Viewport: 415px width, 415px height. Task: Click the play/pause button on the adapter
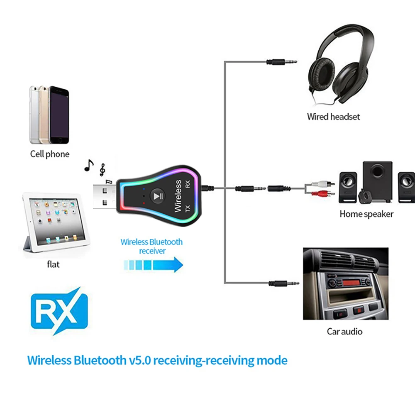point(158,196)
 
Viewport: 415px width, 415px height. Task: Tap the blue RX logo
point(59,311)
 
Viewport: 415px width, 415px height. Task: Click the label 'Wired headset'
point(333,117)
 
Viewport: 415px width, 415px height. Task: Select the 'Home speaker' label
point(366,214)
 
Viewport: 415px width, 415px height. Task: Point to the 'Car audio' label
point(344,332)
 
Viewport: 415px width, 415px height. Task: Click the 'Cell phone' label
point(50,154)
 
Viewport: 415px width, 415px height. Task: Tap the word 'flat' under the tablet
point(53,264)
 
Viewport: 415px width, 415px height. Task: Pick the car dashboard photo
point(346,283)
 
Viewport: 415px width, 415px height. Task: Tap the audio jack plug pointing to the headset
point(282,62)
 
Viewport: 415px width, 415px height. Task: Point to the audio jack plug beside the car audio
point(284,283)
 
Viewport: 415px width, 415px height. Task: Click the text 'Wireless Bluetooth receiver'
point(151,246)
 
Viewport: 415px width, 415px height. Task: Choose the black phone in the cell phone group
point(59,115)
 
